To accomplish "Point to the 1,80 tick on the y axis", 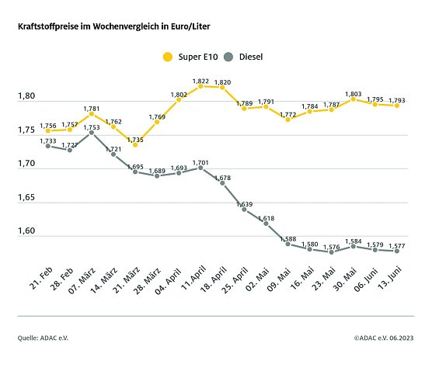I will [26, 96].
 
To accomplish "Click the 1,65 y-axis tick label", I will [26, 198].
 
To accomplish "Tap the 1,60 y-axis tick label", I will [26, 232].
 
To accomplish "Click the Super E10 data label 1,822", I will [200, 81].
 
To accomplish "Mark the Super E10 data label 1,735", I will [113, 139].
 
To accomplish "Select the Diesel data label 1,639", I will [244, 204].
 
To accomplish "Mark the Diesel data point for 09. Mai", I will [287, 244].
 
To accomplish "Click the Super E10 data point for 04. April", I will [179, 99].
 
